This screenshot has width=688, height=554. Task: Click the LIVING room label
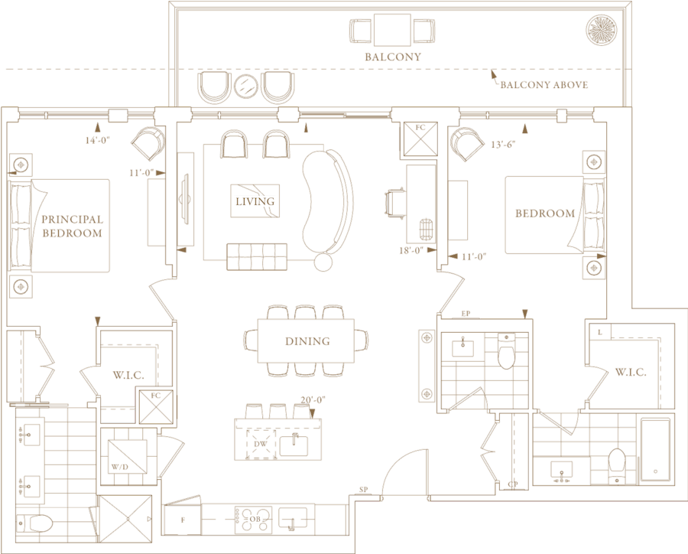click(x=255, y=201)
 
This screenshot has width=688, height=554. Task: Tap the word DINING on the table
click(x=307, y=341)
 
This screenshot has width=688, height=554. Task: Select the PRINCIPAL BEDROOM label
click(x=72, y=226)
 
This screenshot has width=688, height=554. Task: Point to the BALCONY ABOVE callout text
click(x=544, y=85)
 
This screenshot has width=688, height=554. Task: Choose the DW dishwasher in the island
click(x=259, y=443)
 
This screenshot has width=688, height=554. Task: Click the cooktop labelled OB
click(x=255, y=518)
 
